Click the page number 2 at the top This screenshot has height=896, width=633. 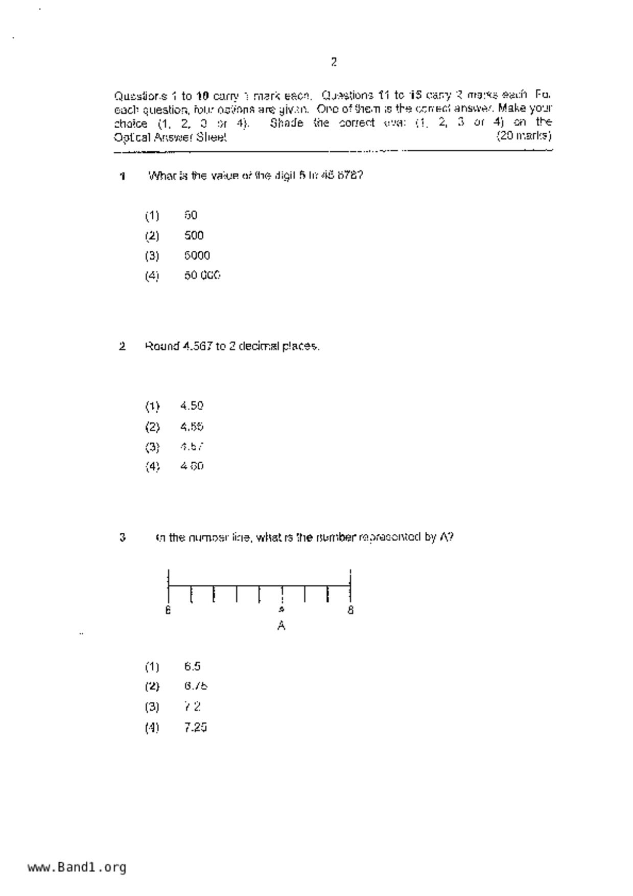334,62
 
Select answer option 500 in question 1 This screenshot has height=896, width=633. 194,235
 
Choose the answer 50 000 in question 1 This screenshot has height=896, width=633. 202,275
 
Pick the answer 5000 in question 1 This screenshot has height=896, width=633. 197,255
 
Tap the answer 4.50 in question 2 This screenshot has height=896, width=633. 192,406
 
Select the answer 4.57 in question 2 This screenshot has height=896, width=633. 192,446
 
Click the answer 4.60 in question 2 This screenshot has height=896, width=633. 192,466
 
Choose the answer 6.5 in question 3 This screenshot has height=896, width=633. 193,667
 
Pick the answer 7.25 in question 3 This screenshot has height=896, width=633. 196,727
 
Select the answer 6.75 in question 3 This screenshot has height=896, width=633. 196,686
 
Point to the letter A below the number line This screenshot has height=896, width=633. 281,626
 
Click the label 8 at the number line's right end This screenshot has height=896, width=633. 350,610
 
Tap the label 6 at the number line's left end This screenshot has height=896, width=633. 168,610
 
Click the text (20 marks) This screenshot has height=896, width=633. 524,136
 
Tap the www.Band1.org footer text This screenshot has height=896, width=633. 77,867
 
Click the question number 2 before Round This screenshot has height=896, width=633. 122,346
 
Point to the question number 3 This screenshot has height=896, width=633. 122,537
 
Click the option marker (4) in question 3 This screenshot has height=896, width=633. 152,727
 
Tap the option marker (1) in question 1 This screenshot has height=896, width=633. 152,216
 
